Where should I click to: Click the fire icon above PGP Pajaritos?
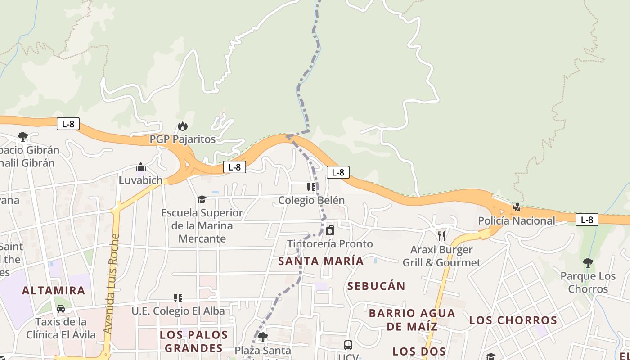point(182,126)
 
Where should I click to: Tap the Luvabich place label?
point(140,180)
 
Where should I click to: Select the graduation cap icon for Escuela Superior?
point(202,199)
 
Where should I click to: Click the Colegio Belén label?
point(311,200)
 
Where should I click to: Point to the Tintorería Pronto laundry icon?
point(330,230)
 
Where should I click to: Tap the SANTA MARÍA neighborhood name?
point(321,261)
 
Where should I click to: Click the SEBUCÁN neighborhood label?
point(376,286)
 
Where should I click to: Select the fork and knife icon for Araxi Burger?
point(441,236)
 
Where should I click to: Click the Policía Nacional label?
point(516,221)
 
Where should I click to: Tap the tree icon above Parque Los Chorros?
point(588,263)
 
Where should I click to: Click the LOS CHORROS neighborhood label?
point(513,320)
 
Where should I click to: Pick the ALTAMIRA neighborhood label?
point(54,291)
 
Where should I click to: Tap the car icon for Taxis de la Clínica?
point(61,309)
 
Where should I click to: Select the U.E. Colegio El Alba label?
point(178,311)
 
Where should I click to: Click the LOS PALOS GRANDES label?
point(193,342)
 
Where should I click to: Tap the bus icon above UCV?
point(348,345)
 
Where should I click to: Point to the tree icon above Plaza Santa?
point(263,337)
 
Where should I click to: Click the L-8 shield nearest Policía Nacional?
point(587,220)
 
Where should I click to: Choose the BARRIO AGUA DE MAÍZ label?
point(412,319)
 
